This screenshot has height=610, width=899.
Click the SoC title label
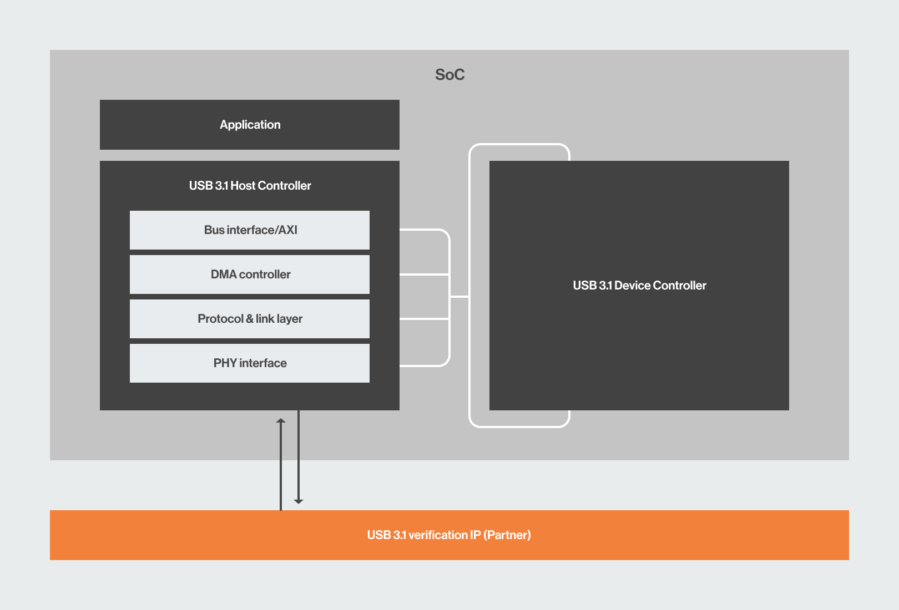(x=450, y=75)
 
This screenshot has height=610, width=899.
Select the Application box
(x=250, y=125)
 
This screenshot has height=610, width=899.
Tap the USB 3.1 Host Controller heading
(x=250, y=186)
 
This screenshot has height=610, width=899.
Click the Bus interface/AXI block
(x=250, y=230)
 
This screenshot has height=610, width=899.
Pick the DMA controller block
(x=250, y=274)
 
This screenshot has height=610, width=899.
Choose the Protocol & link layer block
(x=250, y=319)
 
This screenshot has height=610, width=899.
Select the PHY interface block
(x=250, y=363)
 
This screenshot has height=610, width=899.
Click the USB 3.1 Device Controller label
(x=639, y=286)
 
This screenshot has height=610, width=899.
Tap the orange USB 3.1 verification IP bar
(x=449, y=535)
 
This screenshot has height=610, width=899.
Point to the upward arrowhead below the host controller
(x=281, y=421)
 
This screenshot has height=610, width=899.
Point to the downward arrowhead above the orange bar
(x=299, y=501)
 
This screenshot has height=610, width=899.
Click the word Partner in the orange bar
(x=507, y=535)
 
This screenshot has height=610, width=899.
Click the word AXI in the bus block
(x=288, y=230)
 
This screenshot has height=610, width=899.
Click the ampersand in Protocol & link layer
(x=250, y=319)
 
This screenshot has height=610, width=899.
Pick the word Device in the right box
(x=633, y=286)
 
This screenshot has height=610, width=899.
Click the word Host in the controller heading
(x=243, y=186)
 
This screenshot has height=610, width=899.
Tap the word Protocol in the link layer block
(x=220, y=319)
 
